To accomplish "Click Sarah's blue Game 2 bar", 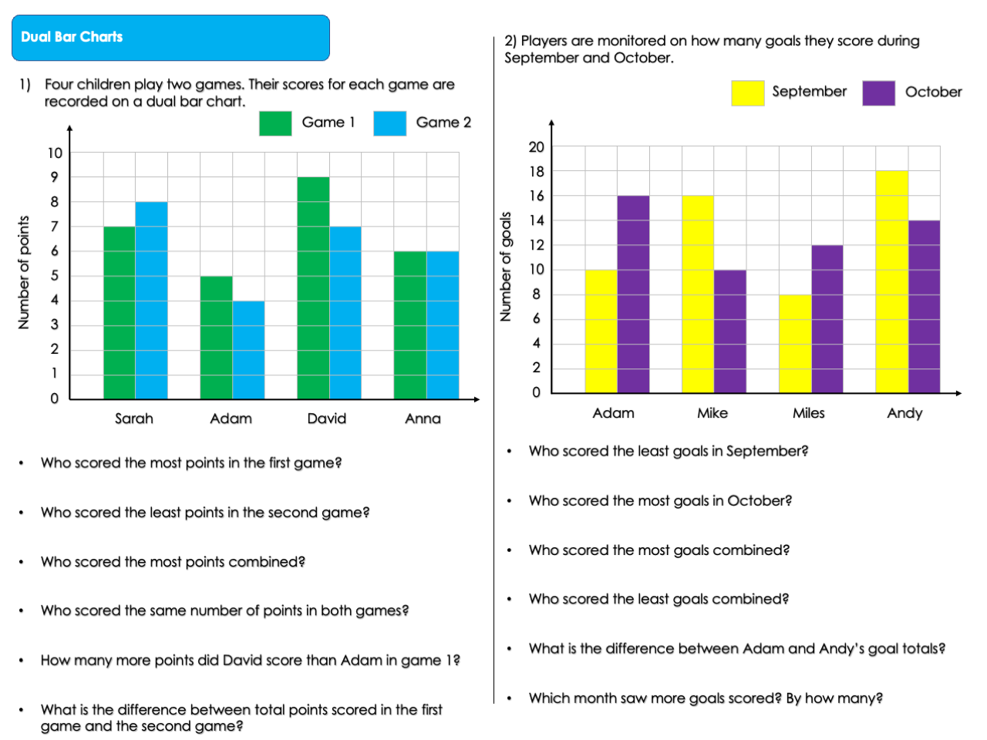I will pos(151,301).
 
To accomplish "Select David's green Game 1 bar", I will pos(313,288).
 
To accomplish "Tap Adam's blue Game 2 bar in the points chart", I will pos(248,350).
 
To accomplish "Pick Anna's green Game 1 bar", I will pos(409,325).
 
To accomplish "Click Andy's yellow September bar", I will pos(891,281).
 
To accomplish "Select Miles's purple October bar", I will pos(827,318).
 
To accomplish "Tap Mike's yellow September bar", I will pos(698,294).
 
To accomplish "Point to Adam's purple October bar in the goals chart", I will pos(633,294).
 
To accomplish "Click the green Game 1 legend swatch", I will pos(275,123).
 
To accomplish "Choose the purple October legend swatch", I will pos(878,92).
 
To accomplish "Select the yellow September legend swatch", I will pos(747,92).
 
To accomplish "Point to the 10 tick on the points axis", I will pos(55,153).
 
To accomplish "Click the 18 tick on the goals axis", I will pos(536,171).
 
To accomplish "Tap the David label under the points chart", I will pos(326,419).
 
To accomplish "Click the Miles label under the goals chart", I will pos(808,413).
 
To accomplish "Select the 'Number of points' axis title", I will pos(24,273).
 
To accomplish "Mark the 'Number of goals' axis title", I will pos(506,267).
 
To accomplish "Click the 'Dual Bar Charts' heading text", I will pos(72,37).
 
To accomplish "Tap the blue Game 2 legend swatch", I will pos(389,123).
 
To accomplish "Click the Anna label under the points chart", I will pos(423,419).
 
